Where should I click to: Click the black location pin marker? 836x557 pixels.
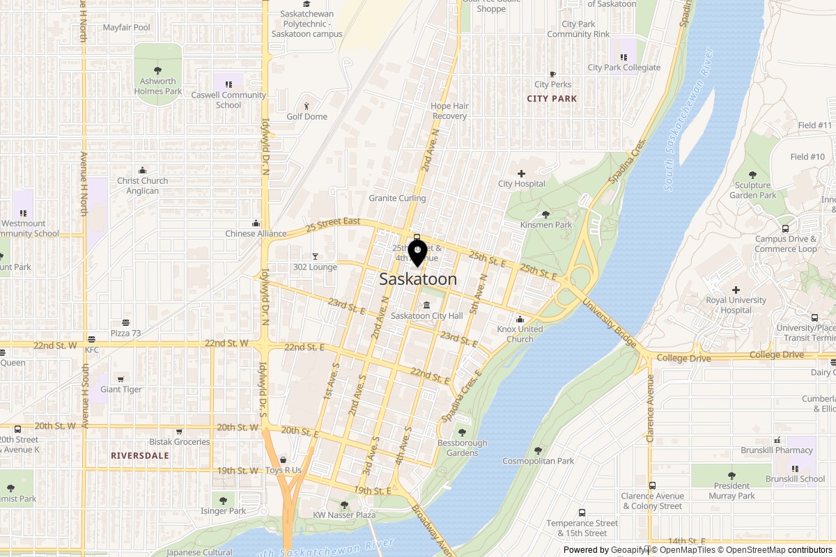click(417, 253)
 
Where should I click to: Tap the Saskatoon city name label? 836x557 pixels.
click(418, 279)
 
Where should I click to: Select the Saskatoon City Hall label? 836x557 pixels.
click(426, 316)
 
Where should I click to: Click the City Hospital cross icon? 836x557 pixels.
click(521, 173)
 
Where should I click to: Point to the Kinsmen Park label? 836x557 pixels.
click(546, 225)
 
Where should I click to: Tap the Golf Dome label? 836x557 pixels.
click(307, 116)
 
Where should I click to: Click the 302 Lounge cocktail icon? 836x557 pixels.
click(315, 256)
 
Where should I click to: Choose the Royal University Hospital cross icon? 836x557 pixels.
click(736, 290)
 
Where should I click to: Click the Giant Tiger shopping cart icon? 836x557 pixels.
click(121, 379)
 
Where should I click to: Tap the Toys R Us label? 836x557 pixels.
click(283, 470)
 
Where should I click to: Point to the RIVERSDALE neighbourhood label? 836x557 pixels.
click(139, 455)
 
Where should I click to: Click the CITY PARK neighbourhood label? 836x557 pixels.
click(552, 99)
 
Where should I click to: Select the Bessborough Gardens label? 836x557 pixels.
click(462, 448)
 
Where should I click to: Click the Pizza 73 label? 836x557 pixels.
click(125, 334)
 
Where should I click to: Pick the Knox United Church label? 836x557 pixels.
click(520, 334)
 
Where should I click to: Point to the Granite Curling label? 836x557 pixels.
click(397, 198)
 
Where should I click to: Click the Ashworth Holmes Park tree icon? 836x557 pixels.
click(157, 70)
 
